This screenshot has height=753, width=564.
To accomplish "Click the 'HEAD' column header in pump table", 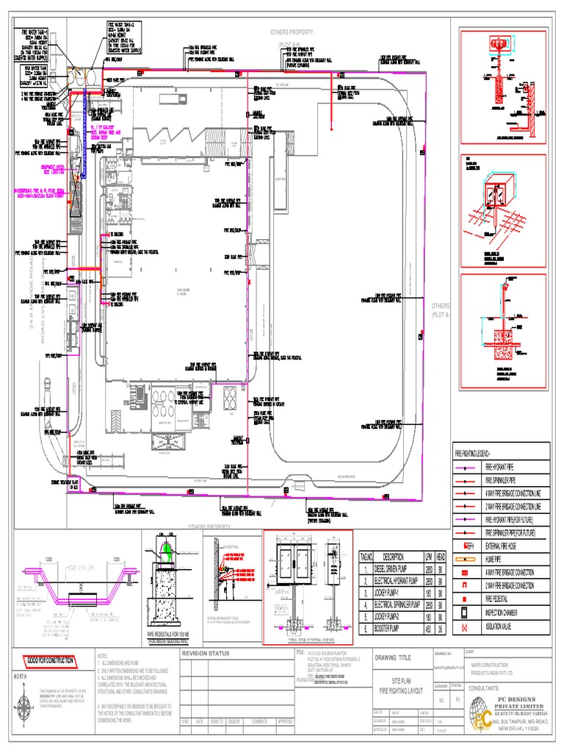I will click(x=441, y=557).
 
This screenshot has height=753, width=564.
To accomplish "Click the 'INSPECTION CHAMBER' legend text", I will click(x=507, y=613).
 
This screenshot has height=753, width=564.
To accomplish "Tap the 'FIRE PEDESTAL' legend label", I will click(x=500, y=599).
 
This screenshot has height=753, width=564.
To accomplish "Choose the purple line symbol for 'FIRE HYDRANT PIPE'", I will click(x=463, y=467).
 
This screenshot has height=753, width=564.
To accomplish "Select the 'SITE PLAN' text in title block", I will click(x=401, y=682).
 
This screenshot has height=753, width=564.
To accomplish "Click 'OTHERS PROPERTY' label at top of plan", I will click(x=292, y=32).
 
